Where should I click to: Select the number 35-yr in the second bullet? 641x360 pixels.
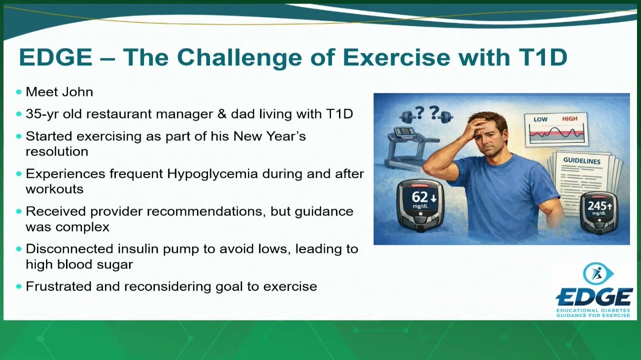pos(42,114)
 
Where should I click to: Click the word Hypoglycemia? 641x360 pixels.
pos(212,174)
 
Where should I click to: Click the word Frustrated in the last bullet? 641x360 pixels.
pos(58,286)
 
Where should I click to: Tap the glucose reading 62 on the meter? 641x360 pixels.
pos(420,197)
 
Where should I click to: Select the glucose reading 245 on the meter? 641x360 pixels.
pos(596,206)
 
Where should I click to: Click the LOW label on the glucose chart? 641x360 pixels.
pos(540,119)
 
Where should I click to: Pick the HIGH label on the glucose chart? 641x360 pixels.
pos(569,118)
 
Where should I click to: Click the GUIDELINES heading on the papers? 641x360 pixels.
pos(582,161)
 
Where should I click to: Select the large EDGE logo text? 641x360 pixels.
pos(594,298)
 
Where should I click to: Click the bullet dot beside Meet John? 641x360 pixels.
pos(19,92)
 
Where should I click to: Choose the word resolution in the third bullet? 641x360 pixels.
pos(57,151)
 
